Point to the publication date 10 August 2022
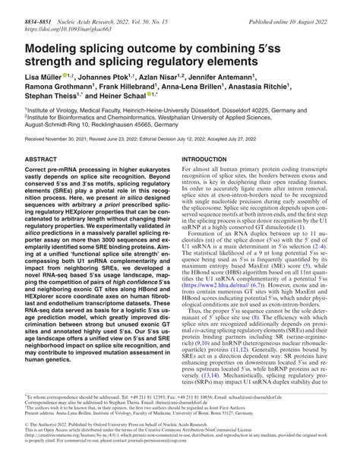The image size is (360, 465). tap(318, 6)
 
